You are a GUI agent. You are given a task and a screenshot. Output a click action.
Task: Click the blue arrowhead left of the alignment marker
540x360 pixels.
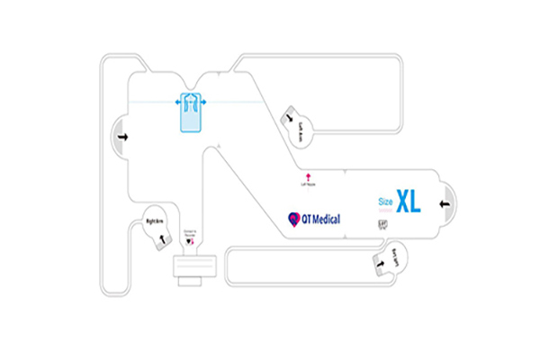(x=176, y=103)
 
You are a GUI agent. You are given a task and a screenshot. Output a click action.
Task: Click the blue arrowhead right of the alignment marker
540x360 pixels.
(x=204, y=103)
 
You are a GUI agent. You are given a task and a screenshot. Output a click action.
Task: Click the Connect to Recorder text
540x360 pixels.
(x=189, y=234)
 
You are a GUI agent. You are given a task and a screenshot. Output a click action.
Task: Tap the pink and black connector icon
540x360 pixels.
(x=189, y=243)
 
